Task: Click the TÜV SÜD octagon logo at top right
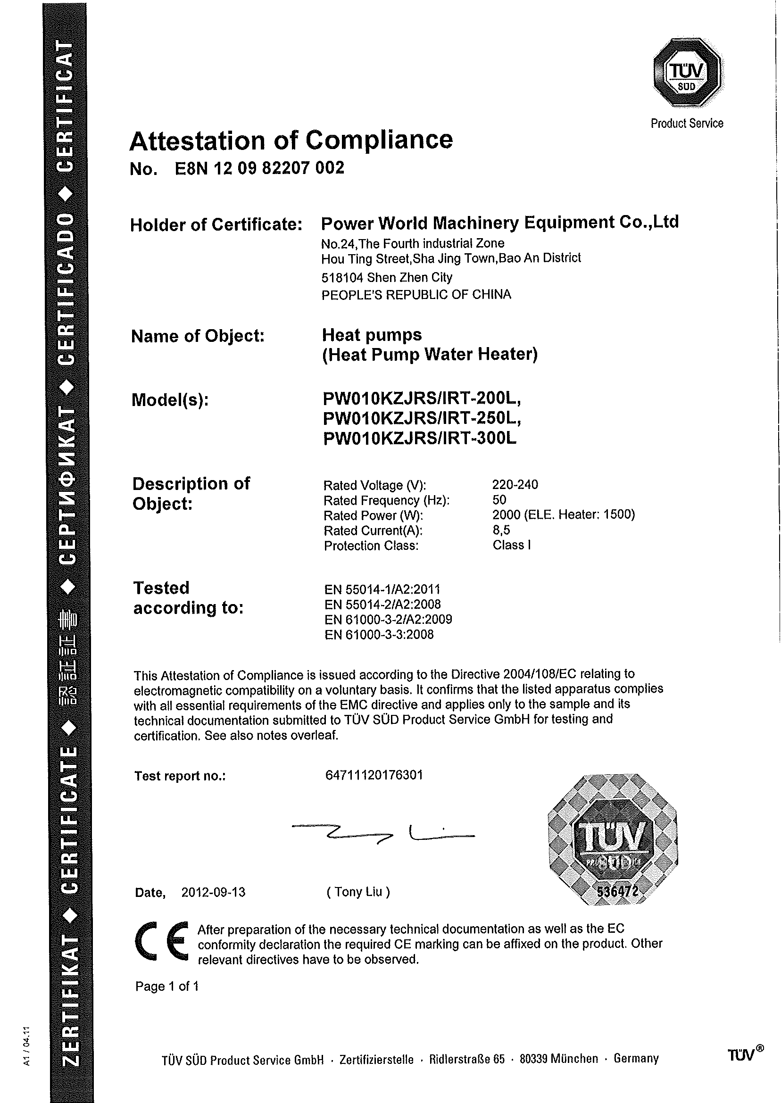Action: tap(687, 73)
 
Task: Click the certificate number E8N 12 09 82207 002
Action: tap(259, 168)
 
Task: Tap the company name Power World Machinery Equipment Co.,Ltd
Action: tap(499, 223)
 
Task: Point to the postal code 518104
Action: tap(342, 277)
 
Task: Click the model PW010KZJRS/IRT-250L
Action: tap(422, 418)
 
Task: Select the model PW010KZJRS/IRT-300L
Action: tap(419, 438)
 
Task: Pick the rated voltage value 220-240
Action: tap(515, 484)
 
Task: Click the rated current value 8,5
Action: tap(501, 530)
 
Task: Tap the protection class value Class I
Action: tap(511, 545)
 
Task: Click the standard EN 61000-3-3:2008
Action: tap(379, 635)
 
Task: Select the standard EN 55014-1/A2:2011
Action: tap(382, 589)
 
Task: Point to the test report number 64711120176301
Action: tap(374, 775)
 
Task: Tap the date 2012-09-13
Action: tap(213, 892)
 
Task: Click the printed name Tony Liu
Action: tap(358, 892)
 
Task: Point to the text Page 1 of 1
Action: tap(167, 986)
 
